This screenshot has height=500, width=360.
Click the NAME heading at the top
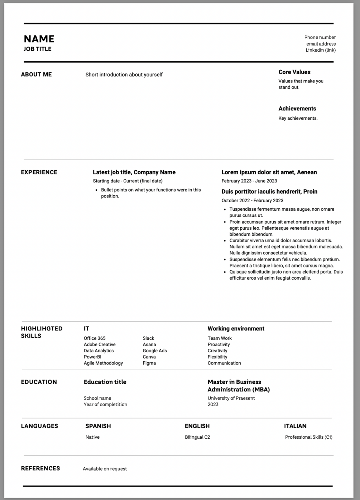[39, 39]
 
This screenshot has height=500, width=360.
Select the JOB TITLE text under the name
[38, 49]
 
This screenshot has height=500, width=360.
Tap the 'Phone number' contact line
[320, 37]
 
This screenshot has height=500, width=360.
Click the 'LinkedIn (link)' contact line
[321, 50]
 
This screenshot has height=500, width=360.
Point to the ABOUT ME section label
[36, 75]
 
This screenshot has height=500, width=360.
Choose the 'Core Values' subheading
[294, 72]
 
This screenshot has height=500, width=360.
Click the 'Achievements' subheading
[297, 109]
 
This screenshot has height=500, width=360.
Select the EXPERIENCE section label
[39, 172]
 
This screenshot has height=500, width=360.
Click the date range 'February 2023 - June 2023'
[249, 181]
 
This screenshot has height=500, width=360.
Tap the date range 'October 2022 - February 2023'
[253, 201]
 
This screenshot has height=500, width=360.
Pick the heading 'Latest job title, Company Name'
[134, 172]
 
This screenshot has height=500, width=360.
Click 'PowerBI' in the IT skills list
[92, 357]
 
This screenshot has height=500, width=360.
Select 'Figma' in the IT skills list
[149, 363]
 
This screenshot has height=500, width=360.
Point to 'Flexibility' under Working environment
[217, 357]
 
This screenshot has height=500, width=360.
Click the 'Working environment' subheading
[236, 329]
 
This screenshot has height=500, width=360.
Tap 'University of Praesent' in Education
[231, 398]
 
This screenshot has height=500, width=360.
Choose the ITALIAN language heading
[295, 426]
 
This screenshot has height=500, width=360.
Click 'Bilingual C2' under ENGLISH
[197, 437]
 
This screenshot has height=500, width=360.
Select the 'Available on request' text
[105, 469]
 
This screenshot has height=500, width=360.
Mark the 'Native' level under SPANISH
[92, 437]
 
